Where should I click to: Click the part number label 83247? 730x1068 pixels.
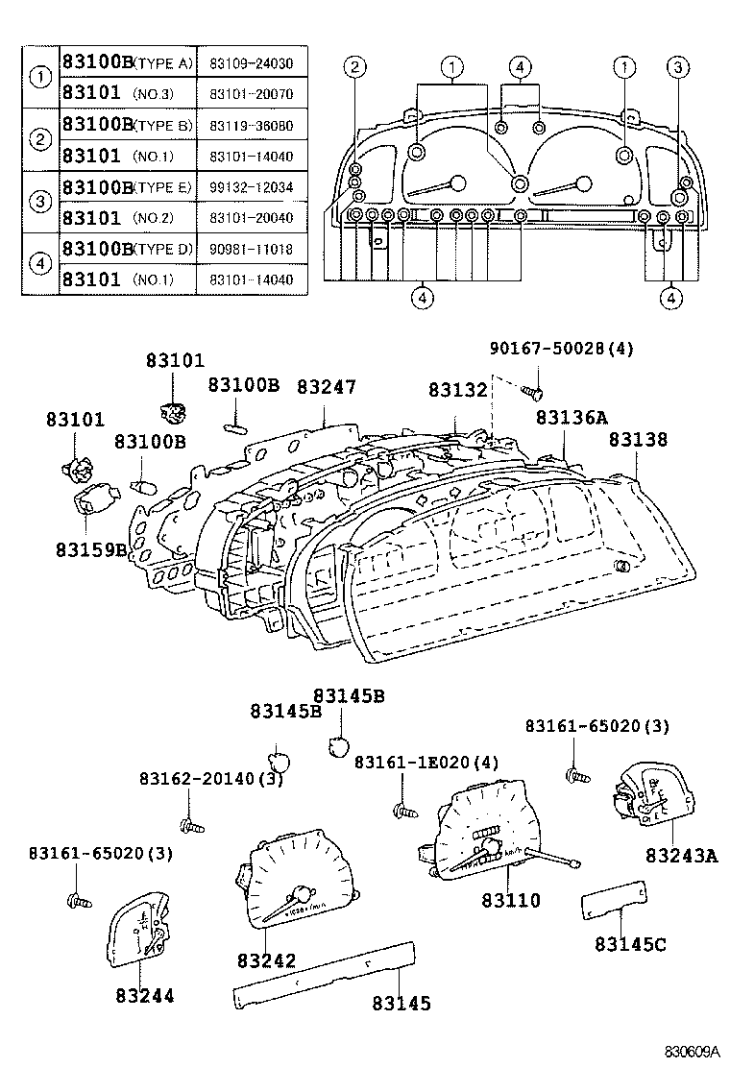coord(326,387)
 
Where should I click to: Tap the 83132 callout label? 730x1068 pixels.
coord(458,390)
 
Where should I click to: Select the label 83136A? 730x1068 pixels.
coord(572,417)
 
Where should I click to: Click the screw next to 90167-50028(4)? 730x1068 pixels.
coord(535,390)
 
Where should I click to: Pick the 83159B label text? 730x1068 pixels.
coord(90,549)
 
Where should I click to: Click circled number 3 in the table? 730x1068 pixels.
coord(40,202)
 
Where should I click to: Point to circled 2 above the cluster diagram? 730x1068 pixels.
coord(355,66)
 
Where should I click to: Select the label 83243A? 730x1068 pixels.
coord(681,855)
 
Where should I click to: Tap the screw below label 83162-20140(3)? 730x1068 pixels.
coord(189,824)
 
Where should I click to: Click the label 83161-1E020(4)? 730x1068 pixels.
coord(426,762)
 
